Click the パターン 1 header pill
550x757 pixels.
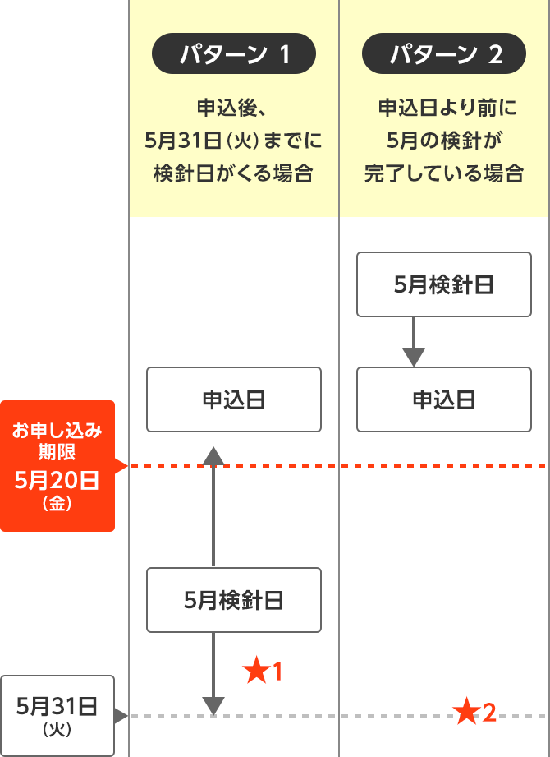click(x=234, y=55)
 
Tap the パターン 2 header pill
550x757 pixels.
click(x=444, y=55)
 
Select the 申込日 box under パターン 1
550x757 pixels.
click(x=234, y=399)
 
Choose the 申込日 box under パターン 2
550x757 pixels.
click(x=444, y=399)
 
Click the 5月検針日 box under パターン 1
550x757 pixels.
click(x=234, y=600)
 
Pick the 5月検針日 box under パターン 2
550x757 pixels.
click(x=444, y=284)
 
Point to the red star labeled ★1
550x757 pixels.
click(x=257, y=672)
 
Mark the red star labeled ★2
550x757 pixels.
click(x=466, y=712)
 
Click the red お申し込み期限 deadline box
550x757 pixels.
click(x=57, y=465)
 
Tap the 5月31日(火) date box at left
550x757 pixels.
click(x=57, y=715)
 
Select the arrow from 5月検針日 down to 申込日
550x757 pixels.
click(x=414, y=341)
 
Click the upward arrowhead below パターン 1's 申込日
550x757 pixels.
click(x=213, y=457)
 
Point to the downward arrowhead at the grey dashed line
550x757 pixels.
click(x=213, y=705)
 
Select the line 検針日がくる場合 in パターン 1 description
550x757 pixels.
click(x=234, y=173)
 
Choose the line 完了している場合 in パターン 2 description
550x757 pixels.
click(x=444, y=173)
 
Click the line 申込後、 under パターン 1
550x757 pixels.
click(x=234, y=108)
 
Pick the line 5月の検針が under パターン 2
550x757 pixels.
click(x=444, y=141)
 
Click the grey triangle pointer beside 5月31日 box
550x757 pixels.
click(x=121, y=715)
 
